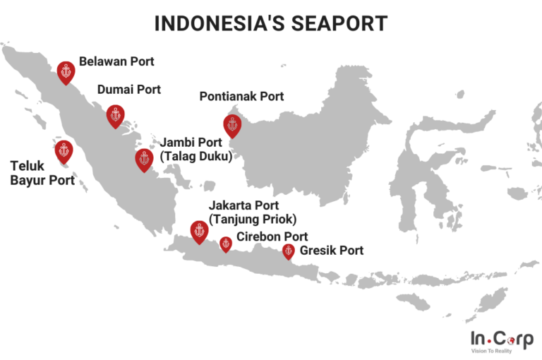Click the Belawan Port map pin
[66, 71]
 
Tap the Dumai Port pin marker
[115, 114]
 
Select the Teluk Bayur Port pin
[64, 150]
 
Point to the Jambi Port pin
[144, 159]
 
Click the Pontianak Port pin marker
[232, 124]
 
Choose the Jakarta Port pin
[199, 230]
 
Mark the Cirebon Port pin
[226, 244]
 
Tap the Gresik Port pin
[288, 251]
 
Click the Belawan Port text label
[116, 61]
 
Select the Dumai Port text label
[129, 90]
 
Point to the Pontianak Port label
[241, 96]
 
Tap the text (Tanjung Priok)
[253, 219]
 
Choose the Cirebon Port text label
[272, 237]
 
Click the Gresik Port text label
[332, 251]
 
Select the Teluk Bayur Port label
[42, 174]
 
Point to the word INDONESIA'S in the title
[215, 23]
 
